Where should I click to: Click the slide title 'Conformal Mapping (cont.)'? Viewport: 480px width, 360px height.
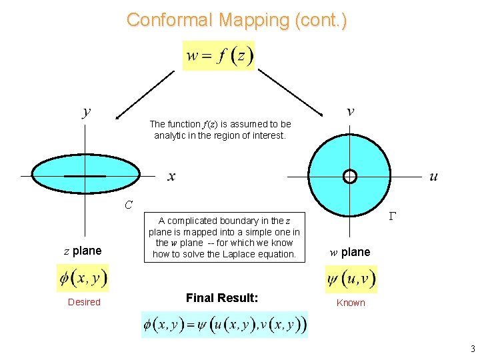[237, 20]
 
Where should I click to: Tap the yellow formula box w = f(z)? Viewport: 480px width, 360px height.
[219, 55]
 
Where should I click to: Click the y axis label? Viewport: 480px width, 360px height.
[87, 111]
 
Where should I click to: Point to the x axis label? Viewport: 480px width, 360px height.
[171, 177]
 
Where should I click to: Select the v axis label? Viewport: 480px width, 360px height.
[351, 111]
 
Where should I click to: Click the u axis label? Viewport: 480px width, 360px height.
[434, 177]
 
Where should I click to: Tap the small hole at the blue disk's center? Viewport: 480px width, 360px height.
[350, 176]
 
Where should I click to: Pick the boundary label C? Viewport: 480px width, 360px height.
[129, 204]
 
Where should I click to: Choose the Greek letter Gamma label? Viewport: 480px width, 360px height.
[393, 216]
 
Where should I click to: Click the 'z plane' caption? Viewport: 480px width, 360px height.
[83, 251]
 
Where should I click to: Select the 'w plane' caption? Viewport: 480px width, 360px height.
[350, 252]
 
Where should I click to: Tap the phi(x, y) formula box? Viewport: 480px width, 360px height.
[83, 278]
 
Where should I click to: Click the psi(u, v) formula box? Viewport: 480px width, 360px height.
[351, 279]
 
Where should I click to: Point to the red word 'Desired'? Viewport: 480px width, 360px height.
[84, 302]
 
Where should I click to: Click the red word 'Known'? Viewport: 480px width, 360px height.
[351, 303]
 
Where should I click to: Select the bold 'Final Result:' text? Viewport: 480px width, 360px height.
[222, 298]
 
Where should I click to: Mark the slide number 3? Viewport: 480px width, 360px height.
[473, 349]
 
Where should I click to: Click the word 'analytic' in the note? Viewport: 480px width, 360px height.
[171, 135]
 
